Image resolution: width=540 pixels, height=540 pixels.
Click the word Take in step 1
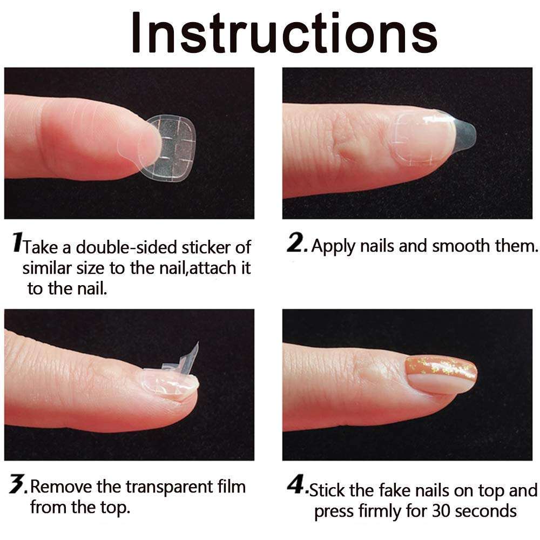coord(41,247)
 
